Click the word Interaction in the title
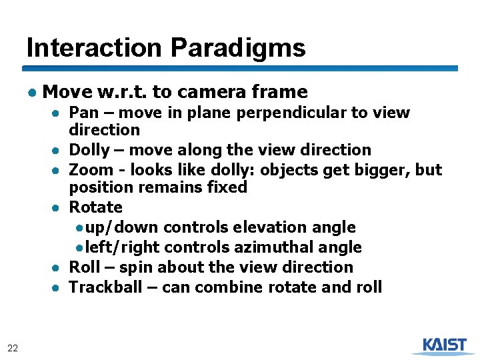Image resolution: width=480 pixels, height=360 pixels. [95, 48]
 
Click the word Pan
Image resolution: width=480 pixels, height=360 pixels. [83, 113]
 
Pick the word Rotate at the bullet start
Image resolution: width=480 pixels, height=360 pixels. [96, 207]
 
